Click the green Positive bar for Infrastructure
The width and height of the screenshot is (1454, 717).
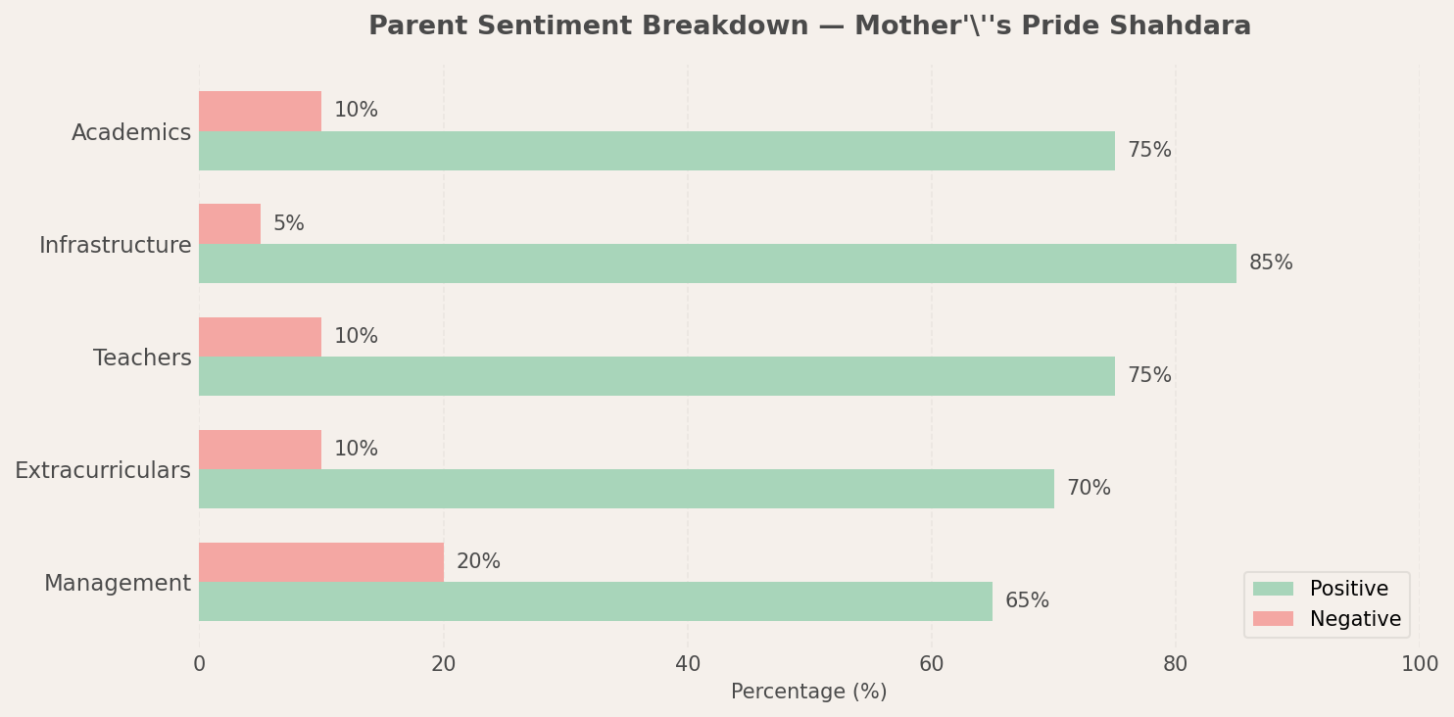[x=717, y=263]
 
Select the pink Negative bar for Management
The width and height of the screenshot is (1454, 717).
[x=321, y=562]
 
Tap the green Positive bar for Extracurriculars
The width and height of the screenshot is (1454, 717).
[x=626, y=489]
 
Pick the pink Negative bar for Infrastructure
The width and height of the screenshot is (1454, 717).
[x=230, y=224]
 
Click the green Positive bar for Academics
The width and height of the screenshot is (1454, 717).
[x=656, y=151]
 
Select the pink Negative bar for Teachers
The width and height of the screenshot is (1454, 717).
[x=261, y=337]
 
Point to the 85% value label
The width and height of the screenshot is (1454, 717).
[x=1271, y=263]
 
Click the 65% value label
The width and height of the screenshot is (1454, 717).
[x=1027, y=601]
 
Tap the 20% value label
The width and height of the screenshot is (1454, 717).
[x=478, y=562]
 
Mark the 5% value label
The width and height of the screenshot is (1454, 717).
[x=289, y=224]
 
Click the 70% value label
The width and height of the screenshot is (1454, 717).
[x=1089, y=489]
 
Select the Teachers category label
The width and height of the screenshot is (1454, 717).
[x=142, y=358]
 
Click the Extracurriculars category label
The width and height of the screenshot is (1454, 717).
[x=103, y=471]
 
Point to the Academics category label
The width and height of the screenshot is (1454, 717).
[x=131, y=133]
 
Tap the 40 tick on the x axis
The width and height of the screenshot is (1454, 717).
[x=688, y=665]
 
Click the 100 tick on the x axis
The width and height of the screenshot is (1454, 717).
[x=1419, y=665]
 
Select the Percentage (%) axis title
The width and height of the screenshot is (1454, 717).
[x=808, y=693]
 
